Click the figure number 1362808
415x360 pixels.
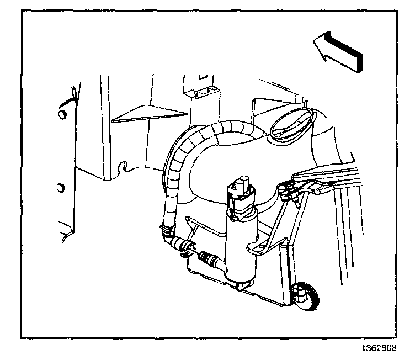coord(387,349)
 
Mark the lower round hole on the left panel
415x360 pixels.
coord(61,188)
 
